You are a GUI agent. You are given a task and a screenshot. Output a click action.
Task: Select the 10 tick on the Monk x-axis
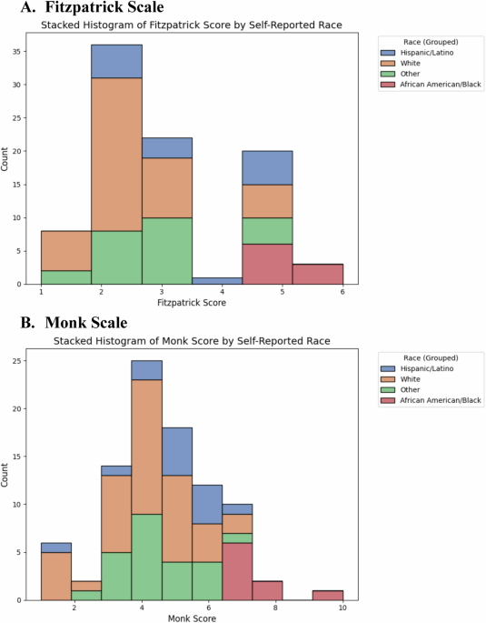pyautogui.click(x=342, y=607)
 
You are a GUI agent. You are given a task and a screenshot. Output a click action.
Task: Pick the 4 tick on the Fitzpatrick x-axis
pyautogui.click(x=242, y=291)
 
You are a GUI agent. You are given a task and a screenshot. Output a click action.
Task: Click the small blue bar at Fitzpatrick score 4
pyautogui.click(x=217, y=281)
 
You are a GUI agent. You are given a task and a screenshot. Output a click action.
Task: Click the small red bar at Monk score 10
pyautogui.click(x=327, y=595)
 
